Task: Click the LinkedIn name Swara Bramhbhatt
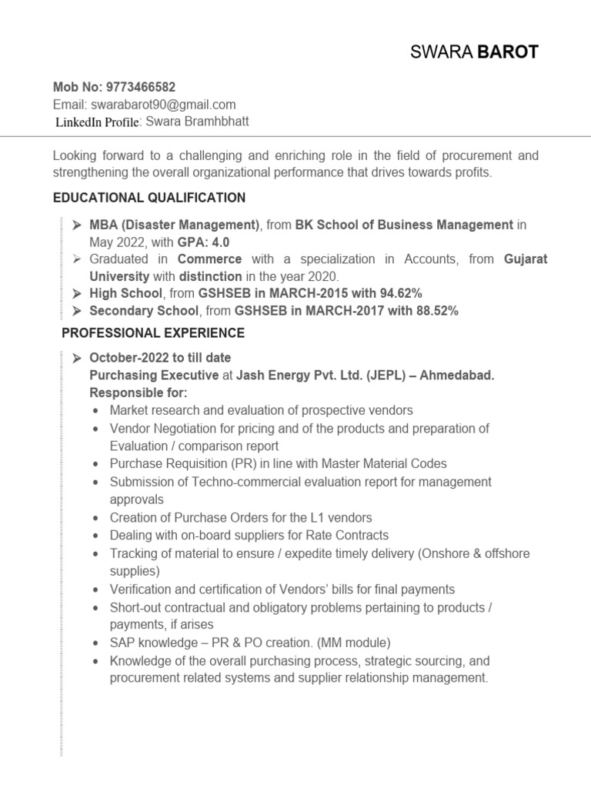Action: [x=197, y=122]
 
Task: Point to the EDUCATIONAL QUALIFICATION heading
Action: [x=149, y=199]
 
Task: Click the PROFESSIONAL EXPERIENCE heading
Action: [x=153, y=333]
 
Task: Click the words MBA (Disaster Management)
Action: [x=175, y=225]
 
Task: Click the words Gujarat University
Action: [x=526, y=259]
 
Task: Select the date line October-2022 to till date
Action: [x=160, y=358]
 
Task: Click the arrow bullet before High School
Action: [x=78, y=294]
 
